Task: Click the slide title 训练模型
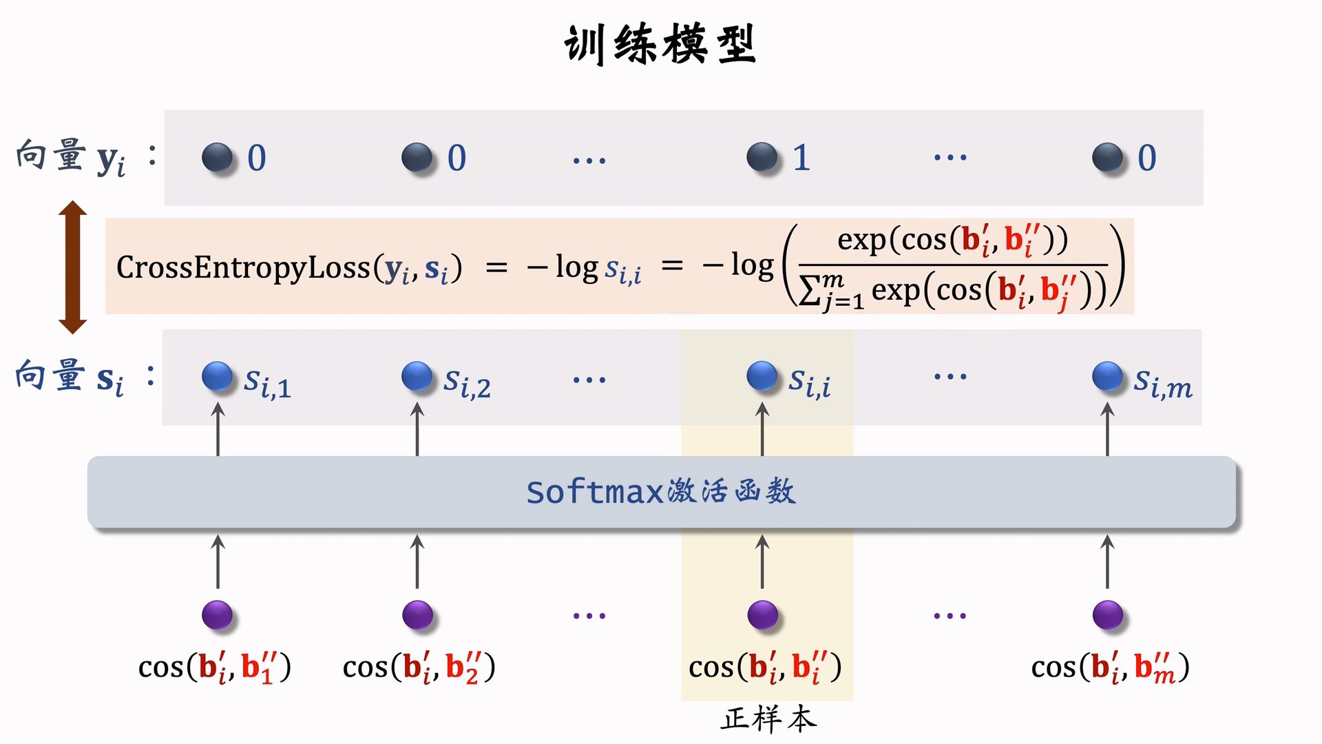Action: (x=660, y=44)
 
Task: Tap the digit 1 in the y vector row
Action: (x=801, y=158)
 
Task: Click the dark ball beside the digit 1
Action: (x=762, y=157)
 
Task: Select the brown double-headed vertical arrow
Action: (x=72, y=267)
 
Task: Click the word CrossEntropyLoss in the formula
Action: (x=243, y=267)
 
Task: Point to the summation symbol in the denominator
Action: (x=811, y=291)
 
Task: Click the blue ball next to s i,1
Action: (x=218, y=376)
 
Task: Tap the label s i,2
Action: (x=467, y=383)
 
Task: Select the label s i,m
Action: (x=1162, y=384)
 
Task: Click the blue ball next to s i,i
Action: (x=762, y=376)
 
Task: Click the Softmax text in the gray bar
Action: (x=594, y=492)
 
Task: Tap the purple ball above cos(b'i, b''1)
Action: (x=218, y=614)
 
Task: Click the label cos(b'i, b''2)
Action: (x=419, y=667)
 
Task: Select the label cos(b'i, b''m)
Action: (x=1110, y=667)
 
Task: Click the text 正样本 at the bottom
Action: (x=768, y=719)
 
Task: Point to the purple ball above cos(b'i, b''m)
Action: (x=1107, y=614)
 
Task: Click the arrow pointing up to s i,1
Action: (x=218, y=428)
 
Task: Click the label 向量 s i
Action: (x=70, y=378)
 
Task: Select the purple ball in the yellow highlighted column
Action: (x=762, y=614)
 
